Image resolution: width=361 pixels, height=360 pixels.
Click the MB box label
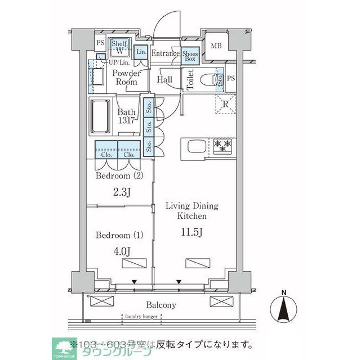click(x=216, y=47)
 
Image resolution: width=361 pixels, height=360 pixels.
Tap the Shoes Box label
click(x=189, y=55)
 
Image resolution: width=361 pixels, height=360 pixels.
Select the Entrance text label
click(x=165, y=54)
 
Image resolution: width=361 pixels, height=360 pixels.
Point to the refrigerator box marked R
click(x=225, y=103)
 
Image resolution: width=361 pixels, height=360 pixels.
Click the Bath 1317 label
click(x=126, y=116)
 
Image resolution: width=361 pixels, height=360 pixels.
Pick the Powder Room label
click(x=127, y=78)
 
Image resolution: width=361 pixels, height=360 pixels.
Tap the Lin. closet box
click(x=141, y=52)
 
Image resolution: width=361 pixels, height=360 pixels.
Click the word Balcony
click(x=162, y=305)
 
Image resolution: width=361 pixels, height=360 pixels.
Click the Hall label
click(x=165, y=80)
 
